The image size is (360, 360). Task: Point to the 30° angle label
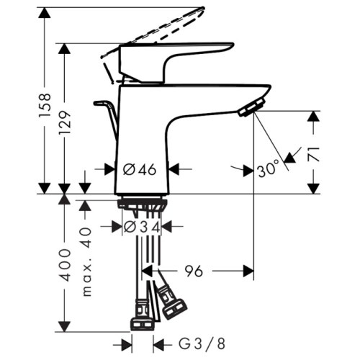coord(268,170)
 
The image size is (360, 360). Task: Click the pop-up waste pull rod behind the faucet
coord(108,115)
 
